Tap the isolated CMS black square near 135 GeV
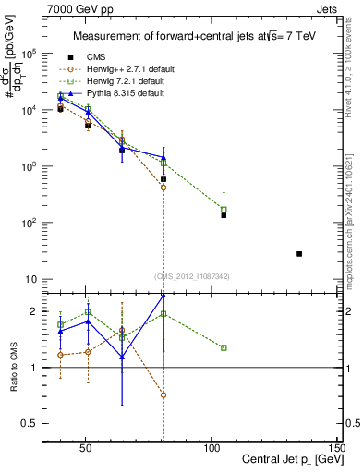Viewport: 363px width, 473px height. pyautogui.click(x=299, y=253)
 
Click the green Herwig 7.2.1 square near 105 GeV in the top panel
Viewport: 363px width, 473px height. pyautogui.click(x=224, y=210)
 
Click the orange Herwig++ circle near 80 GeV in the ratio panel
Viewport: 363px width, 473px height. pyautogui.click(x=163, y=394)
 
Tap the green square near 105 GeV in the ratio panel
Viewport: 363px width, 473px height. pyautogui.click(x=224, y=347)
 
